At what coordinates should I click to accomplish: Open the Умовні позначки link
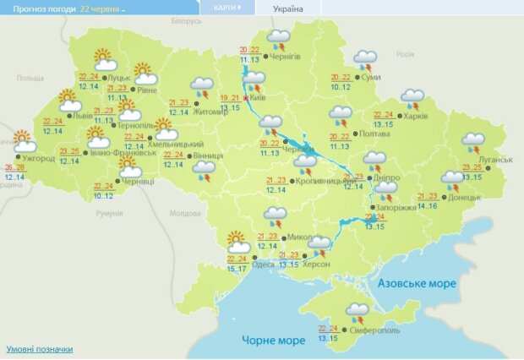[x=39, y=349]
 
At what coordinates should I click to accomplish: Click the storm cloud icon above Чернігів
[x=278, y=39]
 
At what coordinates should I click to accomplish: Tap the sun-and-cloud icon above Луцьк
[x=104, y=59]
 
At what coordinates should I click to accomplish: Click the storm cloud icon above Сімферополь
[x=358, y=312]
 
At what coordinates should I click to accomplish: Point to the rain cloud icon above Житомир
[x=201, y=85]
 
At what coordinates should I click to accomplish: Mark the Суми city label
[x=370, y=77]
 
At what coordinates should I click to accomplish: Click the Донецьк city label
[x=464, y=197]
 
